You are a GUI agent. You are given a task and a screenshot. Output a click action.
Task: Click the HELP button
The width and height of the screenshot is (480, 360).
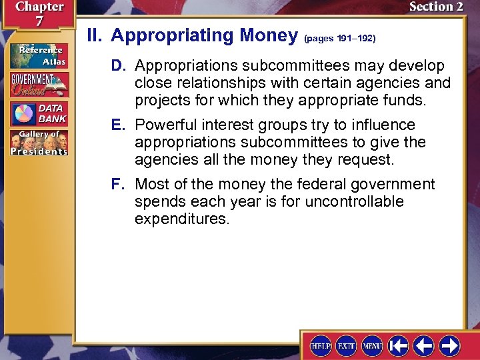point(321,346)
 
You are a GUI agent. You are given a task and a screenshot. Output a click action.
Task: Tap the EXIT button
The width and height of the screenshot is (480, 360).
point(347,346)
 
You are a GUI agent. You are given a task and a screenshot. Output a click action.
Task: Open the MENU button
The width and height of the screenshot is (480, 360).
point(372,346)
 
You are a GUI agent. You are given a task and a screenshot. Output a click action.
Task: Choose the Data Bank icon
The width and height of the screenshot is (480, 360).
point(39,114)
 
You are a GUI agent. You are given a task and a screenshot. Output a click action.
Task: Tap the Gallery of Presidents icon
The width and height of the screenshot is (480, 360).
point(39,143)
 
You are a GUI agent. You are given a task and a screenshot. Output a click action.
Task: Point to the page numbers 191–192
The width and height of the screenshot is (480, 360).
point(340,39)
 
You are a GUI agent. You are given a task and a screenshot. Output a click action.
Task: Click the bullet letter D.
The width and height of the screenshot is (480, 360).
point(117,67)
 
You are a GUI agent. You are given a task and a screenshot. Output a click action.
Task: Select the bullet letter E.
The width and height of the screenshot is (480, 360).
point(117,125)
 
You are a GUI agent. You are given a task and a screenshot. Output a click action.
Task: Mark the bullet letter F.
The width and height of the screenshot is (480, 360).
point(117,185)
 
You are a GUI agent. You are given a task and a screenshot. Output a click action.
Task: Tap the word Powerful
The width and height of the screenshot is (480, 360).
point(165,125)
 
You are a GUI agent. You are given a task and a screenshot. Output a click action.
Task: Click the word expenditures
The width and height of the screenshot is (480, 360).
point(182,219)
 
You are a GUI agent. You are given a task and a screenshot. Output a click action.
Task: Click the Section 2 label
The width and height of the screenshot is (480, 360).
point(435,7)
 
